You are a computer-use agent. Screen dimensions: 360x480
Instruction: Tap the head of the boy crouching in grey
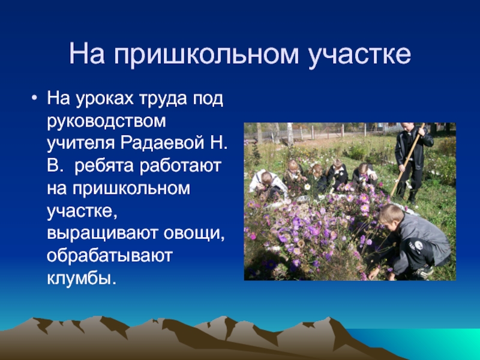(x=391, y=214)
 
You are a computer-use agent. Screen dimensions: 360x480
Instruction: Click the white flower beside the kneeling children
(x=307, y=187)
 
